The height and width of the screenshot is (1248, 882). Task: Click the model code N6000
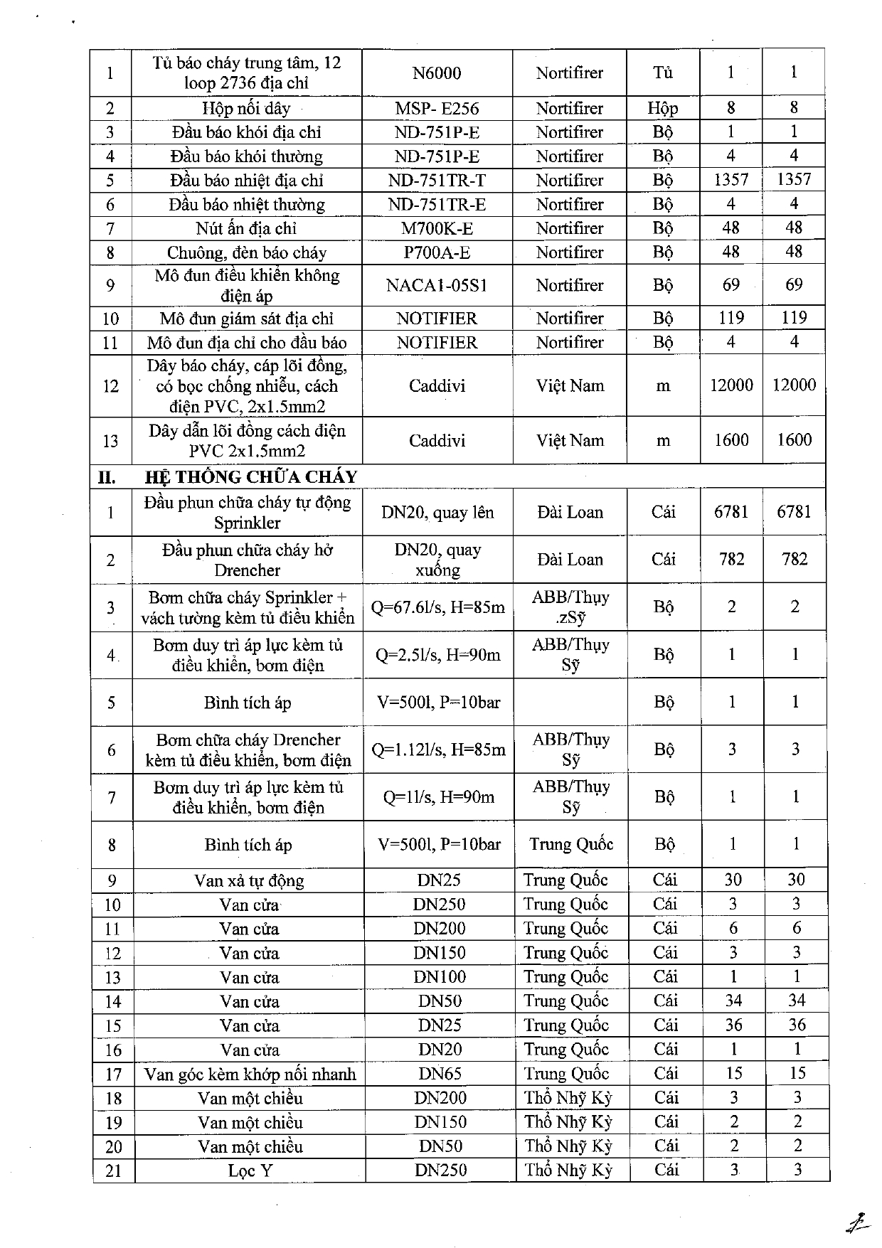click(x=437, y=73)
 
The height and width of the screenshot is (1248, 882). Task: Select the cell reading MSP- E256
click(x=437, y=109)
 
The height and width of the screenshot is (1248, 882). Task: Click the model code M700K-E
click(x=437, y=228)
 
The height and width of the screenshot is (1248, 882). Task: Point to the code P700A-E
click(x=437, y=252)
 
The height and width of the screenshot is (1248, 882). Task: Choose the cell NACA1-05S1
click(x=437, y=286)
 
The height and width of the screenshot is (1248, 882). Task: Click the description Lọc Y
click(x=250, y=1170)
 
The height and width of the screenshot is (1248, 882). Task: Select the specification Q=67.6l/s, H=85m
click(x=438, y=607)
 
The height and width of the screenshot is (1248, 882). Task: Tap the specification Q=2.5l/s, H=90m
click(x=438, y=655)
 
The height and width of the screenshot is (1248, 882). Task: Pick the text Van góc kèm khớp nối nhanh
click(x=250, y=1074)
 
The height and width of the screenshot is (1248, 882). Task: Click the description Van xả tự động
click(x=249, y=881)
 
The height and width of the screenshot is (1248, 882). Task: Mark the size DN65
click(x=440, y=1074)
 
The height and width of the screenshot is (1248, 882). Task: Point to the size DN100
click(x=440, y=977)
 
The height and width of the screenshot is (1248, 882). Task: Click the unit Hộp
click(x=663, y=109)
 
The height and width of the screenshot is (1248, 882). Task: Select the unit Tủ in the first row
click(x=663, y=73)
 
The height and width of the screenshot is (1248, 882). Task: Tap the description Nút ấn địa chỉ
click(x=246, y=228)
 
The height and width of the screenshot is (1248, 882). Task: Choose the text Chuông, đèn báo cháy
click(x=246, y=252)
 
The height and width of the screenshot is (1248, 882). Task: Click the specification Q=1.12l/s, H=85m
click(x=438, y=750)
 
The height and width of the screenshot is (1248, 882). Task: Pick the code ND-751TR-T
click(x=437, y=181)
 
